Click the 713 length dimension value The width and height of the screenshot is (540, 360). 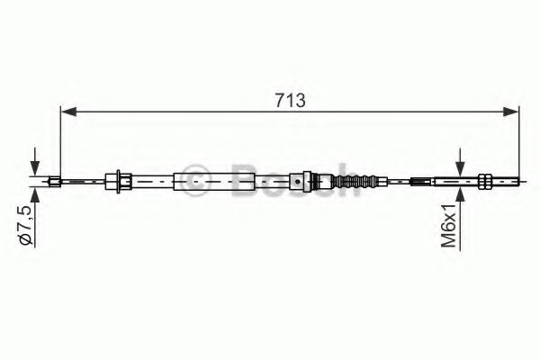[x=289, y=101]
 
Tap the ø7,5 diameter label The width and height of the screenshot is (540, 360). [x=26, y=226]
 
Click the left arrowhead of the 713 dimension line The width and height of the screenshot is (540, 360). [x=66, y=112]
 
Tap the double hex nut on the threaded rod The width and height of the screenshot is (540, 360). [x=486, y=182]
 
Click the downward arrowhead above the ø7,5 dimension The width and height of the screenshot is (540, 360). [x=34, y=172]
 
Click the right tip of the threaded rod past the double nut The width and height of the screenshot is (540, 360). [x=517, y=182]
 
